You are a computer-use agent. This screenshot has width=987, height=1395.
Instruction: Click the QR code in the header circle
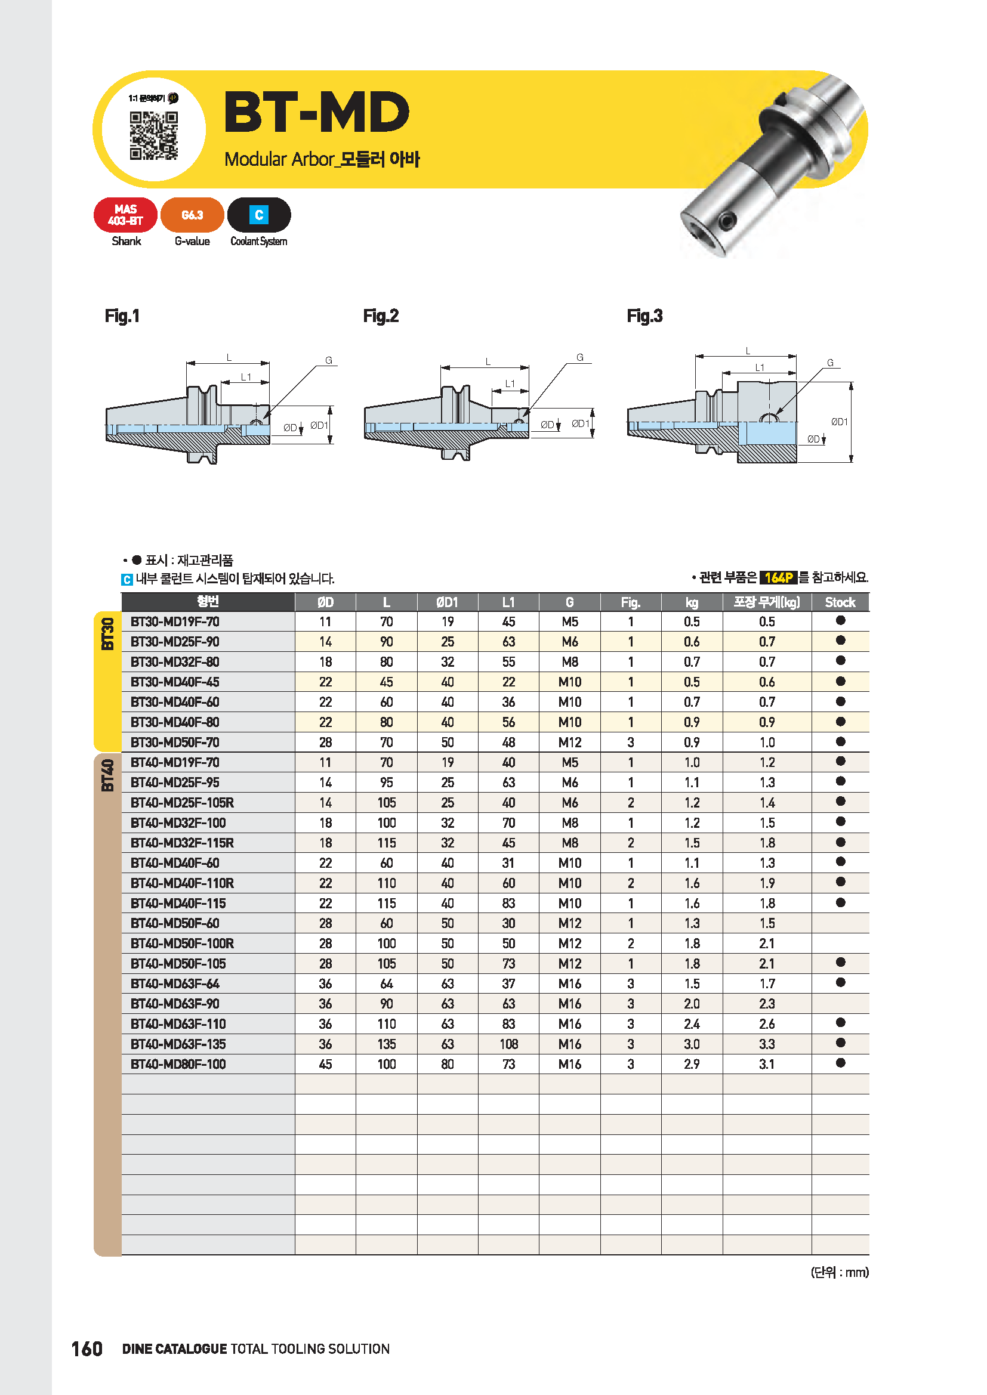point(154,135)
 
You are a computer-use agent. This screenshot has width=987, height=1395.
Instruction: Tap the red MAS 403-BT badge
point(125,215)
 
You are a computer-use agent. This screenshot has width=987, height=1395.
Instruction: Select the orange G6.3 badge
point(192,215)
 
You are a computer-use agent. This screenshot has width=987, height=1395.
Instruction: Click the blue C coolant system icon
point(259,215)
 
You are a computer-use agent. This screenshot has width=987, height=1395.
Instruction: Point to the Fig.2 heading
point(381,316)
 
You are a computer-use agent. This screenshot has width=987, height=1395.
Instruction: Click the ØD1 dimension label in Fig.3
point(840,422)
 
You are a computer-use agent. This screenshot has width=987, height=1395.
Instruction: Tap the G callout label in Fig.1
point(329,360)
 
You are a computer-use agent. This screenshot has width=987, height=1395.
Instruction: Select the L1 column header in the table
point(508,602)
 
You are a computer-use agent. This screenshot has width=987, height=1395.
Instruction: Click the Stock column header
point(840,602)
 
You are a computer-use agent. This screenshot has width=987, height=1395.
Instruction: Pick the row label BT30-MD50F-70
point(175,743)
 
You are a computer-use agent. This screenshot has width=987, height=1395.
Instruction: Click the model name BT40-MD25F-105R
point(183,803)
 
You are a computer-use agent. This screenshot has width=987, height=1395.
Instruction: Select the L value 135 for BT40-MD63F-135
point(387,1044)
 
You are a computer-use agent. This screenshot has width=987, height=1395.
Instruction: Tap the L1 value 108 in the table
point(508,1044)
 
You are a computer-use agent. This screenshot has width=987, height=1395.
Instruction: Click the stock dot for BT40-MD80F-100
point(841,1063)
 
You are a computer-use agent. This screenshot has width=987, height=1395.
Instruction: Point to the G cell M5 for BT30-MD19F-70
point(569,621)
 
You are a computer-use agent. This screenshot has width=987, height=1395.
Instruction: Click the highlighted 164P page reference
point(779,577)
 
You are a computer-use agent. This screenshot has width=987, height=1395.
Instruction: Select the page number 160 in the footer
point(87,1349)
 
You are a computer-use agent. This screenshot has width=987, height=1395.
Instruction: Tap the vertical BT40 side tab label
point(107,775)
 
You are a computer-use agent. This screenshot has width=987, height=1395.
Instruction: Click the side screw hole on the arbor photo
point(727,220)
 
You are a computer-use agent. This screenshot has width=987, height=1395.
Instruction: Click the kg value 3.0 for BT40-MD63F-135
point(692,1044)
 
